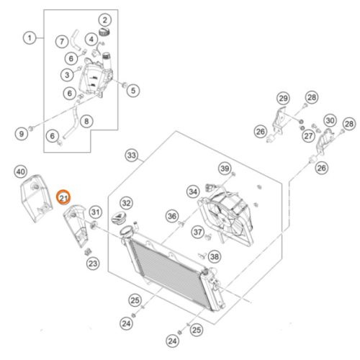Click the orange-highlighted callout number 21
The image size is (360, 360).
[63, 197]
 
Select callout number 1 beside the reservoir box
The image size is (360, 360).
[30, 38]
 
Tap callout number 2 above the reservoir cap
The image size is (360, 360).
[105, 20]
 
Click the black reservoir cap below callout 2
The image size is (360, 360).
[104, 32]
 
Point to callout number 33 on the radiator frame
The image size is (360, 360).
[132, 156]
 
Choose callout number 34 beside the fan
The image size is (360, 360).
[193, 192]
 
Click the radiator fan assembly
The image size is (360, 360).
[225, 218]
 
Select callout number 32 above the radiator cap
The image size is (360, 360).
[126, 203]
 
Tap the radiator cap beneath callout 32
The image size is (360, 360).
[118, 218]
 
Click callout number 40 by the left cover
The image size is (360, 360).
[21, 171]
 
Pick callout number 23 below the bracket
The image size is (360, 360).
[93, 264]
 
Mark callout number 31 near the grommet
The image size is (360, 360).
[96, 212]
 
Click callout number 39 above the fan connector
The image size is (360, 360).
[225, 168]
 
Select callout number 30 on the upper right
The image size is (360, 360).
[330, 120]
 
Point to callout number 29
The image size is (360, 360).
[283, 98]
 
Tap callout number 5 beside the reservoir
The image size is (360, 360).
[133, 91]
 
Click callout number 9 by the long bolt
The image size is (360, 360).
[22, 134]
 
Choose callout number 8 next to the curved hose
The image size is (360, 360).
[86, 121]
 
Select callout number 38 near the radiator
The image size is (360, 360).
[215, 256]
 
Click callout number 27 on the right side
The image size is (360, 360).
[308, 136]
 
